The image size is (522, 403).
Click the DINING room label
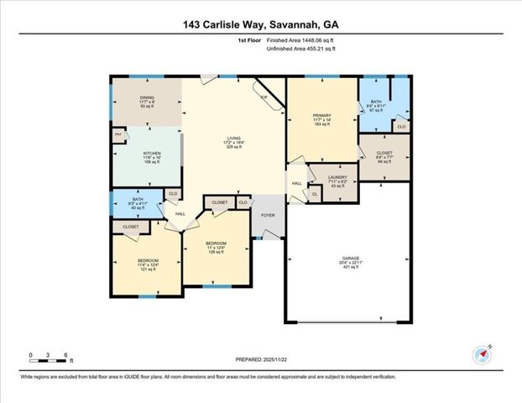click(147, 97)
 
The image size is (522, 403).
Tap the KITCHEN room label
click(147, 154)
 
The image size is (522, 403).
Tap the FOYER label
click(269, 215)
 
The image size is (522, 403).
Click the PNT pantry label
click(118, 133)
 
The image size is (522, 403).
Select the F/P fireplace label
click(264, 98)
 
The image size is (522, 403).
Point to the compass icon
click(482, 355)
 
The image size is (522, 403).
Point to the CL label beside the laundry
click(315, 195)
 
